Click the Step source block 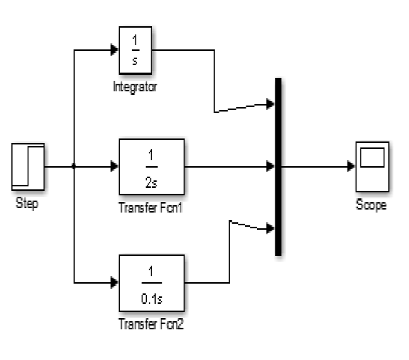point(28,166)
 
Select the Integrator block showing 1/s point(136,50)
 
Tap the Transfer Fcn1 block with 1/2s point(151,166)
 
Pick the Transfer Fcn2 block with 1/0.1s point(151,282)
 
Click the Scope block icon point(372,166)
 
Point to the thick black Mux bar point(279,166)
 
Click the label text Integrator point(136,88)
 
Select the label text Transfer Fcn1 point(151,206)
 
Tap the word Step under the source point(27,204)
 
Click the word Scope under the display point(372,204)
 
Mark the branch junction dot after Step point(74,166)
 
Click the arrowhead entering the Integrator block point(114,50)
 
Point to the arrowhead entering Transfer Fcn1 point(114,166)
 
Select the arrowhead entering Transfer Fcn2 point(114,282)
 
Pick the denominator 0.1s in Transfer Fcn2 point(151,293)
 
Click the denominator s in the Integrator point(136,60)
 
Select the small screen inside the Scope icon point(372,158)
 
